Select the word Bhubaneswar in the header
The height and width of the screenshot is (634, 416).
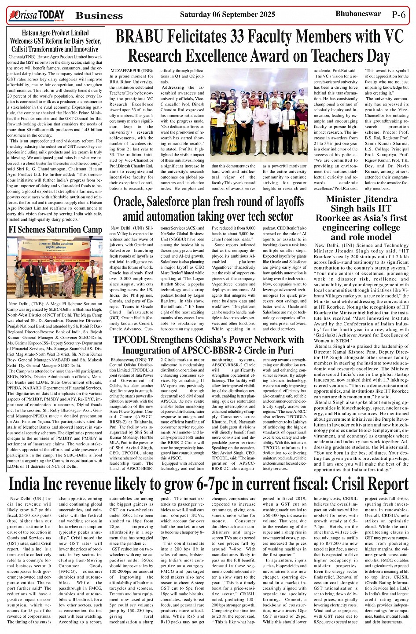(x=358, y=14)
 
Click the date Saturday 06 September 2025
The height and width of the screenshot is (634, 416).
(x=227, y=15)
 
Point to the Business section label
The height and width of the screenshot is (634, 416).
(x=99, y=16)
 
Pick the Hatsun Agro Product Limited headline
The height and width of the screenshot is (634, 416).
(x=55, y=41)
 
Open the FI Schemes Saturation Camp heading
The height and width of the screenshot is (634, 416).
(x=55, y=230)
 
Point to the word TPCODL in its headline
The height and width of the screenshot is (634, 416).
(x=130, y=339)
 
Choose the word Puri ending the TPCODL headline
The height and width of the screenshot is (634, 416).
(x=284, y=350)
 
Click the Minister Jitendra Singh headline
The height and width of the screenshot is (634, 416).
(x=361, y=218)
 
